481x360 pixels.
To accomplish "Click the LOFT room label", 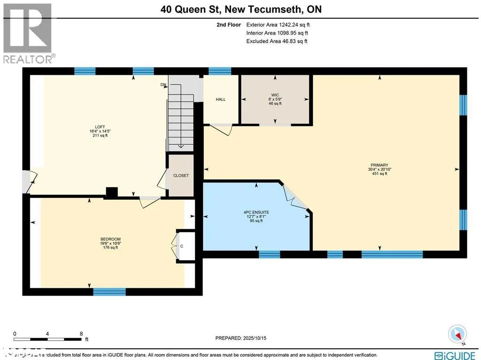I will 100,126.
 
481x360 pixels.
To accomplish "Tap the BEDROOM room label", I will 107,239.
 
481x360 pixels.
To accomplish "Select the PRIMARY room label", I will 379,165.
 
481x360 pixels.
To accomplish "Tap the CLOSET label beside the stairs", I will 181,175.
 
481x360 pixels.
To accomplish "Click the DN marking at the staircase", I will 163,85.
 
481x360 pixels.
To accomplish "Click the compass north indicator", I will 457,333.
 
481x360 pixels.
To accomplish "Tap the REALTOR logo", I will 28,33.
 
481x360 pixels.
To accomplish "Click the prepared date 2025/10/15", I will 244,338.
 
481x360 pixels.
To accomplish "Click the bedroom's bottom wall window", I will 109,292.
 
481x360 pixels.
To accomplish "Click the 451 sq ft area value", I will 379,173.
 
